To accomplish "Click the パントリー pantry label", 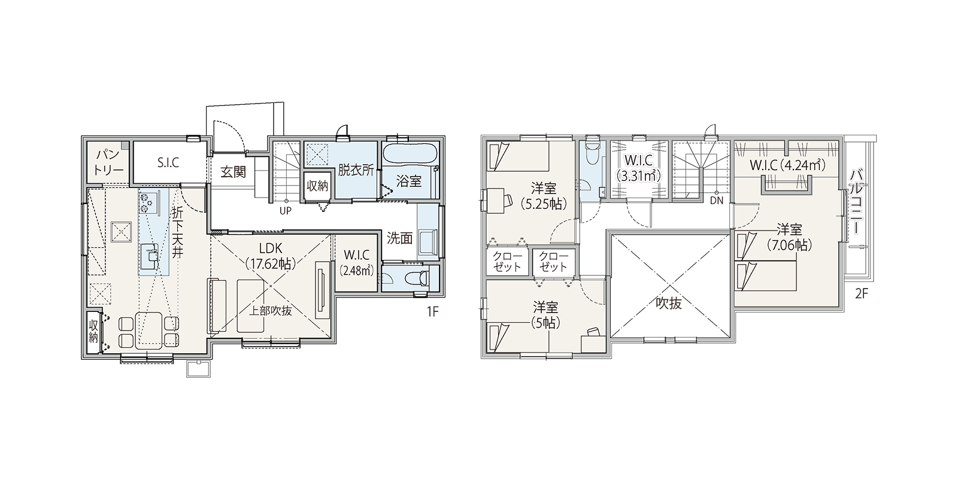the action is pyautogui.click(x=109, y=162).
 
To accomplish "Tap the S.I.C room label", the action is pyautogui.click(x=168, y=162).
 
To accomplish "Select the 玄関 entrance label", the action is pyautogui.click(x=233, y=172).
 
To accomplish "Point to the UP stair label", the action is pyautogui.click(x=286, y=211).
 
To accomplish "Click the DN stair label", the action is pyautogui.click(x=716, y=200).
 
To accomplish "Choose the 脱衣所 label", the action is pyautogui.click(x=356, y=170).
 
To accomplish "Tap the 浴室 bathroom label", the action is pyautogui.click(x=409, y=181).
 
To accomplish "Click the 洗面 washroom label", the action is pyautogui.click(x=400, y=239).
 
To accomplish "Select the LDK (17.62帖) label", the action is pyautogui.click(x=271, y=256).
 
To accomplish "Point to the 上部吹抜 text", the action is pyautogui.click(x=270, y=311).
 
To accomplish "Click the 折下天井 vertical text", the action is pyautogui.click(x=177, y=233).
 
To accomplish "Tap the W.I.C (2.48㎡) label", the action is pyautogui.click(x=357, y=263).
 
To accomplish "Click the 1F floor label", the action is pyautogui.click(x=433, y=312).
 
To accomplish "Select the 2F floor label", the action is pyautogui.click(x=862, y=294).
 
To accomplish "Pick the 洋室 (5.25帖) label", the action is pyautogui.click(x=544, y=196).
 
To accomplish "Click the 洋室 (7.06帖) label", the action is pyautogui.click(x=789, y=237).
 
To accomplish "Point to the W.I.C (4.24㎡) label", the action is pyautogui.click(x=787, y=165).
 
